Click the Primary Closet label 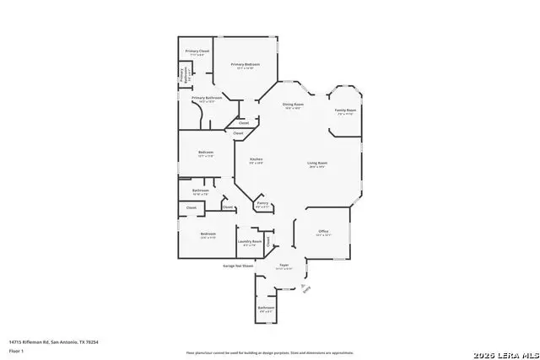pyautogui.click(x=197, y=52)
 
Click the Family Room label pyautogui.click(x=344, y=110)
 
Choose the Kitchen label pyautogui.click(x=256, y=159)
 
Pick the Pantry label pyautogui.click(x=262, y=203)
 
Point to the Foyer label pyautogui.click(x=284, y=266)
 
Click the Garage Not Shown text pyautogui.click(x=238, y=266)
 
